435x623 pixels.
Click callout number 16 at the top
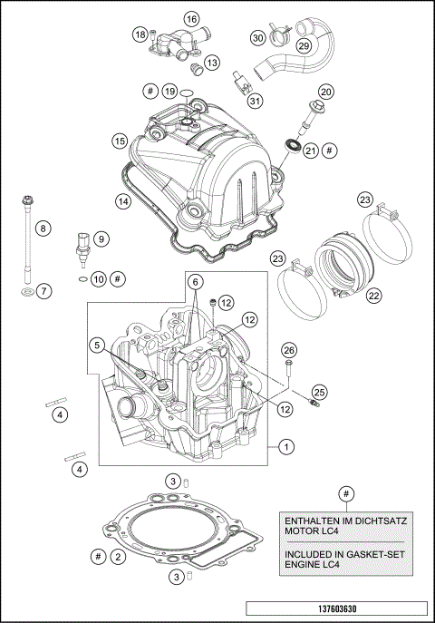(191, 19)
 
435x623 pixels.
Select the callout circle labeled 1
(285, 446)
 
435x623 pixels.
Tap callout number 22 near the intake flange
(372, 295)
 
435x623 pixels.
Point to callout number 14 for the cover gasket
(121, 200)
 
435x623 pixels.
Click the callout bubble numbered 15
(119, 141)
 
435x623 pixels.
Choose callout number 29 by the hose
(304, 45)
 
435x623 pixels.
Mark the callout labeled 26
(288, 351)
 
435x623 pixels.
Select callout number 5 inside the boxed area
(96, 345)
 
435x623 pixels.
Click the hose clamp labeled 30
(277, 37)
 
